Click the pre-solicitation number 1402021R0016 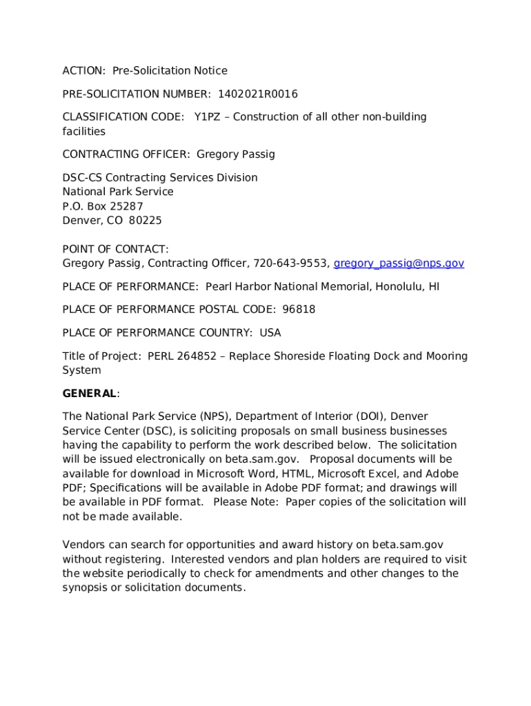click(258, 94)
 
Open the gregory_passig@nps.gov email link click(399, 263)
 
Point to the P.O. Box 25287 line click(103, 206)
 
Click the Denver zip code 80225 click(146, 221)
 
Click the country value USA click(270, 333)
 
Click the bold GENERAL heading click(90, 394)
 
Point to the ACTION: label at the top click(84, 70)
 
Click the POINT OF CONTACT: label click(115, 249)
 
